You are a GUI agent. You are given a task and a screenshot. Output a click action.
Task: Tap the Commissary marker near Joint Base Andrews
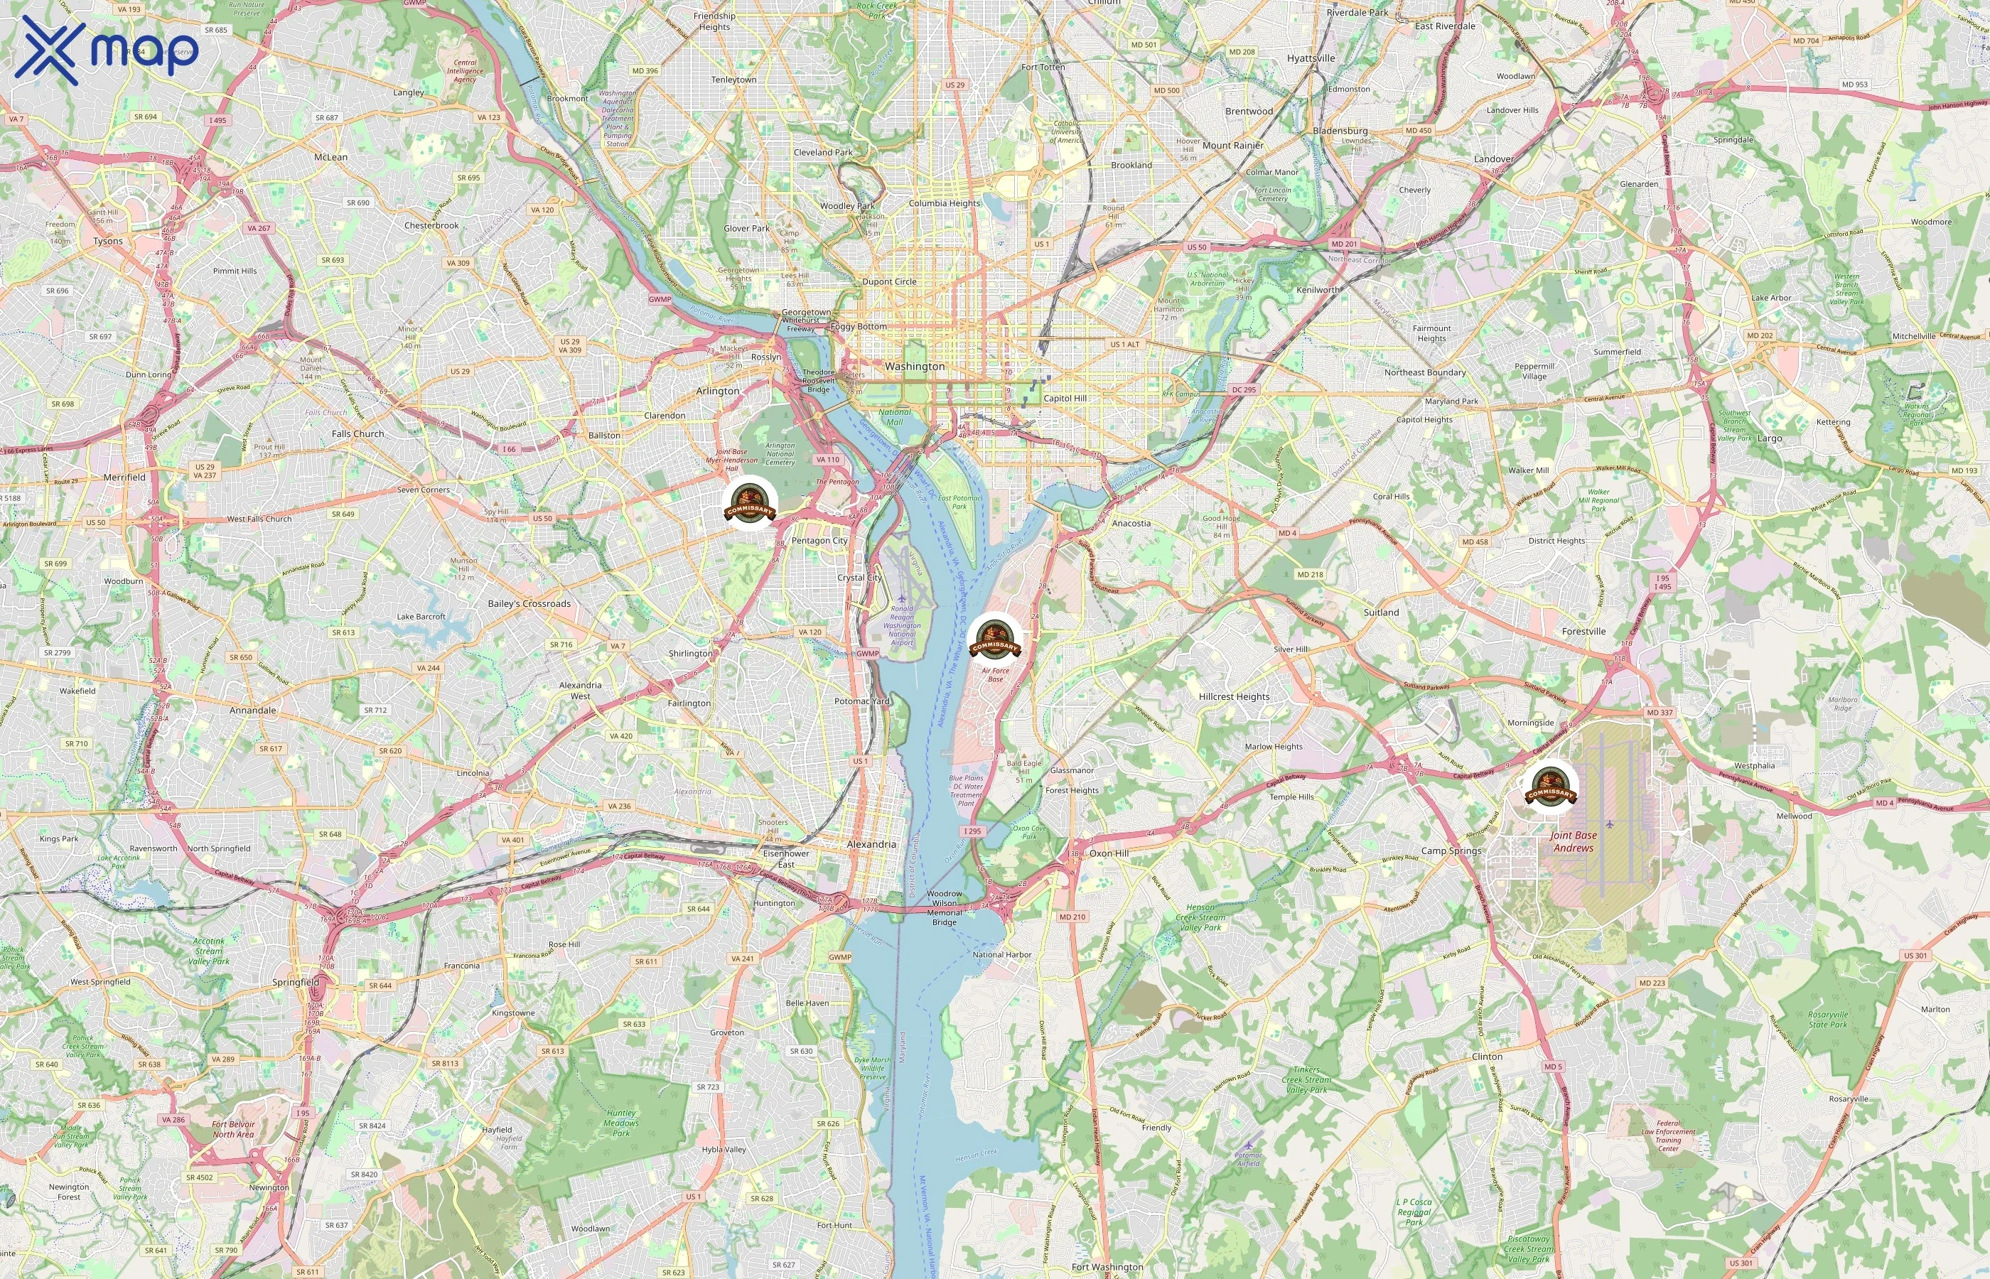1550,786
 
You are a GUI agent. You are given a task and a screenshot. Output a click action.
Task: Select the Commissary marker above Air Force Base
994,639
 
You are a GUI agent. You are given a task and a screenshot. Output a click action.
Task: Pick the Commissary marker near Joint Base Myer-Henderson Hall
749,502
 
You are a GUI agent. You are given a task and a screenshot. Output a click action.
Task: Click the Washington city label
915,366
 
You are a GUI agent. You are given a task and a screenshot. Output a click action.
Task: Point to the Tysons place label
108,242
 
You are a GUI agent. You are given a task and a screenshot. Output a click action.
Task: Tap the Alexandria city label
871,844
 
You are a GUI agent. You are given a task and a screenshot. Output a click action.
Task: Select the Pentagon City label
819,541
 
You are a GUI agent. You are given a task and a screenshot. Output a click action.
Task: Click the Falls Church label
358,433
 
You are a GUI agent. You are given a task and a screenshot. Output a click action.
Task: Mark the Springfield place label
296,982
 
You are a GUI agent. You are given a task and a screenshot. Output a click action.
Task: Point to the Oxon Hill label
1109,853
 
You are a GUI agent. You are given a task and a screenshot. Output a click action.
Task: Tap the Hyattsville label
1311,58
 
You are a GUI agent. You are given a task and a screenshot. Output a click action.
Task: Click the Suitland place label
1381,612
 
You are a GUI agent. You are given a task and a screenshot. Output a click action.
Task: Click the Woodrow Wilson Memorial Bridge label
945,908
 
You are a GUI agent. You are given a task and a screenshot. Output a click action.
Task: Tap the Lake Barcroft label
421,616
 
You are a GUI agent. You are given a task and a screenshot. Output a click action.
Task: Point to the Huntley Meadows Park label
621,1123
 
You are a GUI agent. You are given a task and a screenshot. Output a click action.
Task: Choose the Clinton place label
1487,1057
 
